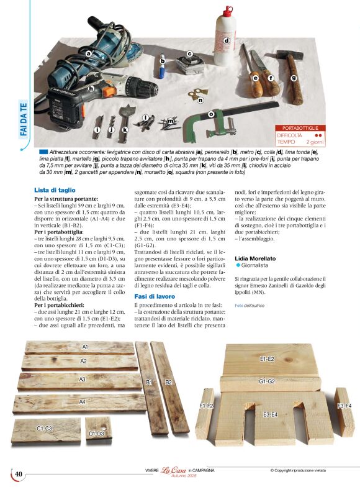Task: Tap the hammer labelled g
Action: point(289,65)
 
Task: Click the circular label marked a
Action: point(89,53)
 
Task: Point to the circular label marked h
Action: point(91,88)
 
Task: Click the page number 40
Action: point(19,475)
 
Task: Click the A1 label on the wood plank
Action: point(86,346)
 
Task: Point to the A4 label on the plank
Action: point(82,401)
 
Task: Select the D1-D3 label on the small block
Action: point(97,434)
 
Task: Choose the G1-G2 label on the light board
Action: point(267,381)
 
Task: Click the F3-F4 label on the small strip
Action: point(344,406)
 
